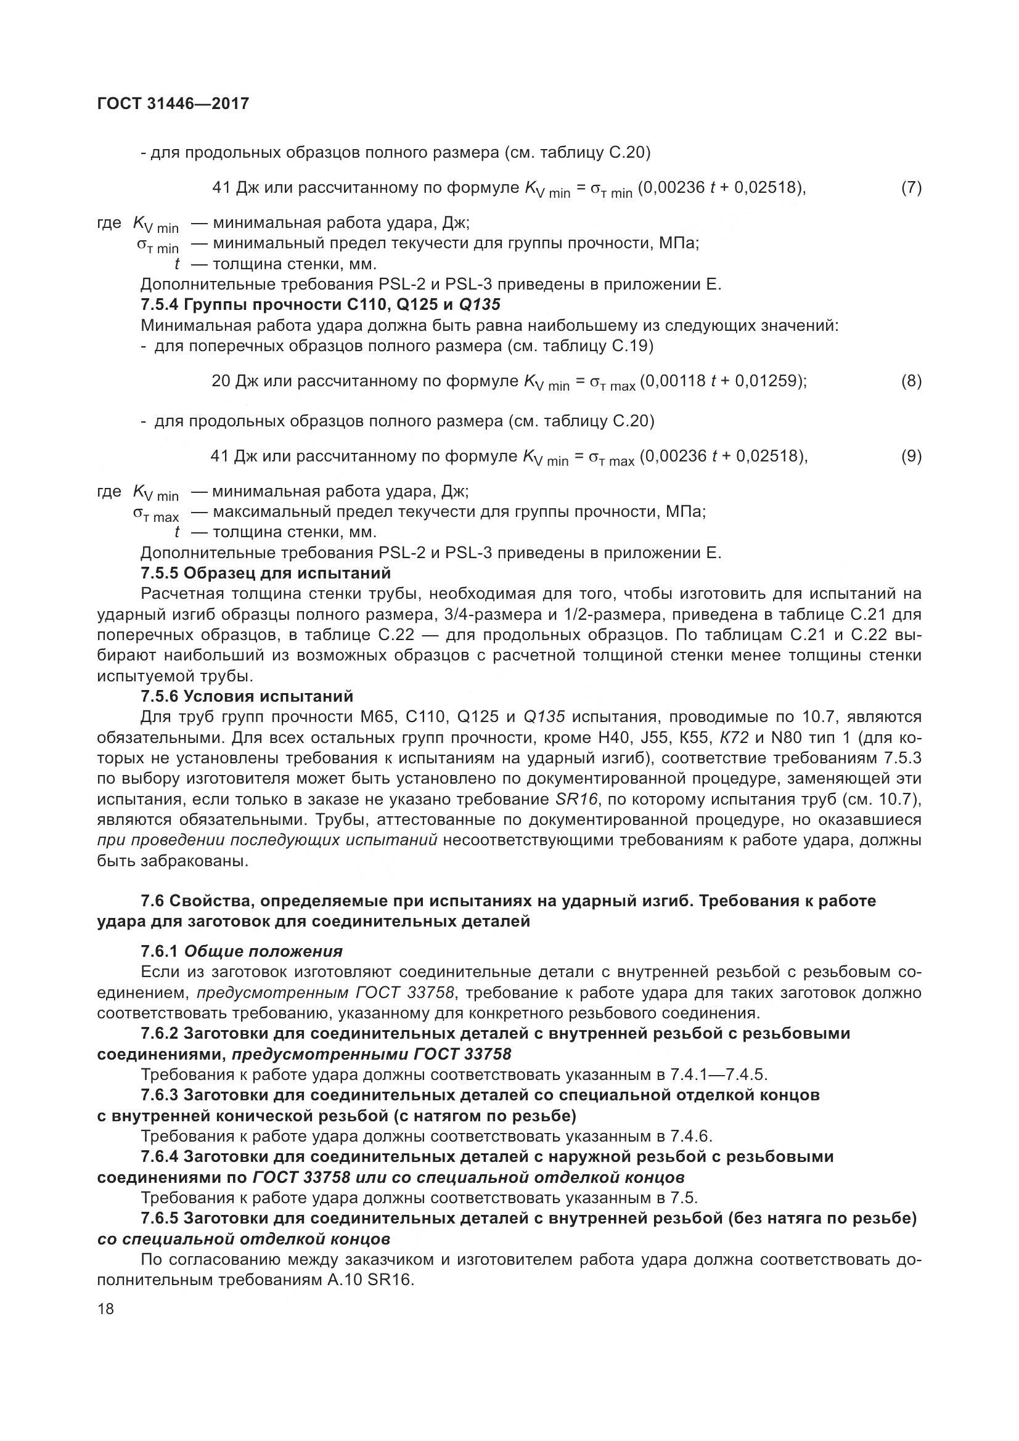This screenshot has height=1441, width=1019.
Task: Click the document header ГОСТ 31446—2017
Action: (x=173, y=104)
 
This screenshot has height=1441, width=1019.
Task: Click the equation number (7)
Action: (x=911, y=188)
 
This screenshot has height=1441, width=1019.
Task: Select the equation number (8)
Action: (x=911, y=381)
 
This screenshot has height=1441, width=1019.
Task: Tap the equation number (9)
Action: (x=911, y=456)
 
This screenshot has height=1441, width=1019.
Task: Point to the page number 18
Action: (x=106, y=1309)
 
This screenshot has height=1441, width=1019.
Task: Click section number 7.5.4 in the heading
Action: (x=160, y=305)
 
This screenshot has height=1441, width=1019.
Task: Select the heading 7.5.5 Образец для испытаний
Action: (x=266, y=573)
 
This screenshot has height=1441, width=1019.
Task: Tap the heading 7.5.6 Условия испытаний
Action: (x=247, y=697)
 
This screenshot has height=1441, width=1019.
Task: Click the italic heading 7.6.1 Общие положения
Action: (x=242, y=951)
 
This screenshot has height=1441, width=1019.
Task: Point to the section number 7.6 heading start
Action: (x=152, y=901)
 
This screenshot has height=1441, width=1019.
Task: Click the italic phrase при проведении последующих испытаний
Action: (x=268, y=840)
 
